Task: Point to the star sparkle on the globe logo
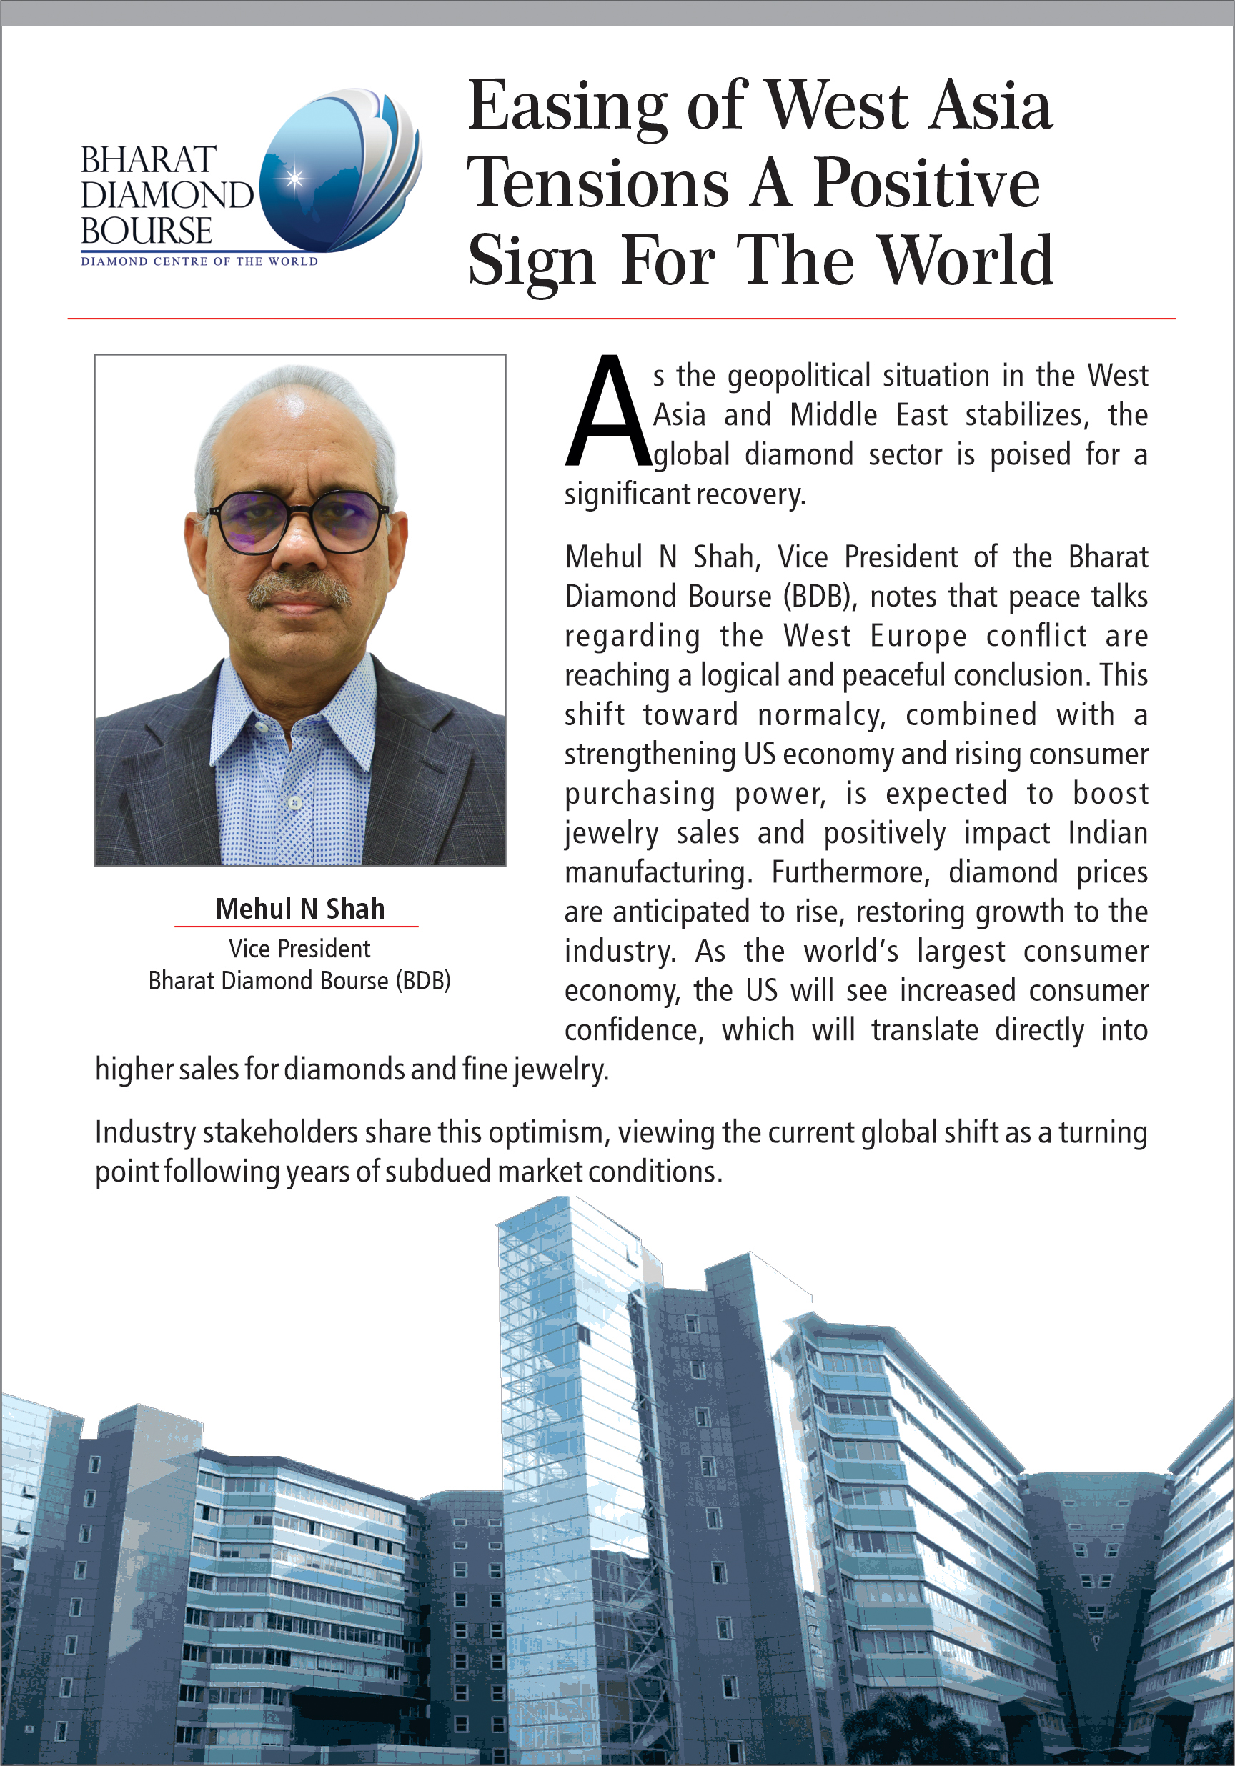click(293, 179)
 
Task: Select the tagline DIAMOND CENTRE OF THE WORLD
click(199, 261)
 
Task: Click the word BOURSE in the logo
click(147, 231)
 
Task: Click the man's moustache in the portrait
click(299, 589)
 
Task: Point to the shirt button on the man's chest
click(294, 802)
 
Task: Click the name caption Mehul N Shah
click(299, 909)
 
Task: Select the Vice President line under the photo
click(299, 949)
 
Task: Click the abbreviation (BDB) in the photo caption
click(423, 981)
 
